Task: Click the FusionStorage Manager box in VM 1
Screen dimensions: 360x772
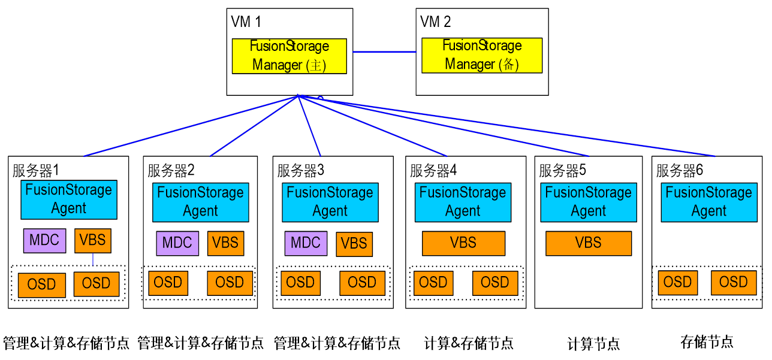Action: click(289, 56)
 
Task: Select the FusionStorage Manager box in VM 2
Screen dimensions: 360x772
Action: click(482, 55)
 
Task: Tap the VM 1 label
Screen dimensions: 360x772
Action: click(246, 22)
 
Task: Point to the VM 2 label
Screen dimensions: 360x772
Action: click(436, 22)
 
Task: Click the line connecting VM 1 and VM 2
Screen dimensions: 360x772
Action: click(384, 52)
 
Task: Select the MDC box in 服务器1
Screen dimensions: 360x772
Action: click(44, 240)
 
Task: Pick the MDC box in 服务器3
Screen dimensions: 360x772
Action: click(306, 243)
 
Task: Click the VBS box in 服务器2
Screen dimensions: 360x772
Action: click(226, 243)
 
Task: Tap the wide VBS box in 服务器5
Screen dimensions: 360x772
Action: click(588, 243)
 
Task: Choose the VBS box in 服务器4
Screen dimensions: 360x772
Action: click(463, 243)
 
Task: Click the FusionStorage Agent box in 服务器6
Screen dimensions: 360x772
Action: click(708, 202)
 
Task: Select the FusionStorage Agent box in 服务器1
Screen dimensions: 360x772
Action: click(69, 199)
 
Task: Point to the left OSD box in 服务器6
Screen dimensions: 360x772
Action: click(677, 282)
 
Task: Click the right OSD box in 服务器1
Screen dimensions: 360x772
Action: click(96, 283)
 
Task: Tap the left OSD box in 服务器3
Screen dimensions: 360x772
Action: click(300, 283)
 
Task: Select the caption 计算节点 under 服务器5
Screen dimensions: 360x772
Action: click(593, 344)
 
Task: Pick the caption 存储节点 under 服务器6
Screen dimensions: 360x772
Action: click(707, 342)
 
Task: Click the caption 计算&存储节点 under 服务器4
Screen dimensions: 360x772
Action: click(469, 343)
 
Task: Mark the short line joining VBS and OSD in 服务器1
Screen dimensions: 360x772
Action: click(93, 259)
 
